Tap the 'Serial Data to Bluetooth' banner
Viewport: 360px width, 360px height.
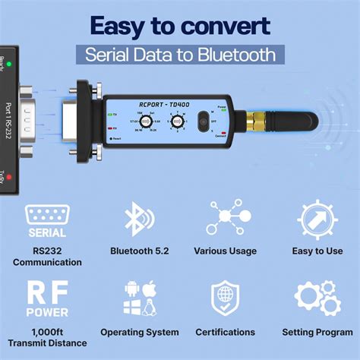pyautogui.click(x=180, y=55)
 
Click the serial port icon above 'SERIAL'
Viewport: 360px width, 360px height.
pyautogui.click(x=47, y=214)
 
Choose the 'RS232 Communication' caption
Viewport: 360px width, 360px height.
pyautogui.click(x=47, y=257)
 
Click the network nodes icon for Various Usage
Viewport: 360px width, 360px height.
pyautogui.click(x=225, y=219)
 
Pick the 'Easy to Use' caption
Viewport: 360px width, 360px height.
pyautogui.click(x=317, y=251)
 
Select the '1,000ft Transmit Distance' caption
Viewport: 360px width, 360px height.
pyautogui.click(x=47, y=338)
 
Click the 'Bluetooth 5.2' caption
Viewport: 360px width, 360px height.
pyautogui.click(x=139, y=251)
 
